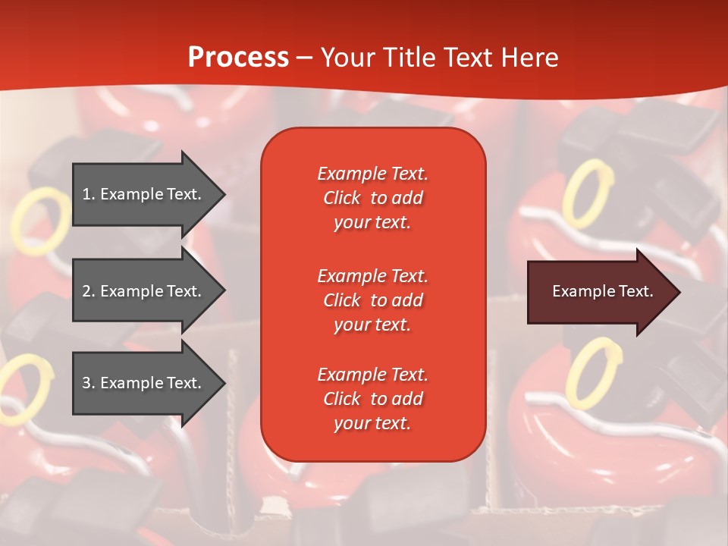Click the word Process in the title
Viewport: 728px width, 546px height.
click(x=238, y=58)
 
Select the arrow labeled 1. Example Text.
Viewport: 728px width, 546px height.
click(x=148, y=194)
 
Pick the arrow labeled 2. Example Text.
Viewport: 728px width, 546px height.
click(x=148, y=291)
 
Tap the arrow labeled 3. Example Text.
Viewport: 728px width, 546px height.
click(x=148, y=383)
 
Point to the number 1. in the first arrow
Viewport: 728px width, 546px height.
click(x=89, y=194)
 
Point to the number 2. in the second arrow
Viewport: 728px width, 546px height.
click(x=89, y=291)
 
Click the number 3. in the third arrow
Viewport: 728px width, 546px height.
click(x=89, y=383)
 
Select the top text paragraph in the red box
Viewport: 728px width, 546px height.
click(x=372, y=198)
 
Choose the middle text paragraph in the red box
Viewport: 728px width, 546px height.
click(x=372, y=300)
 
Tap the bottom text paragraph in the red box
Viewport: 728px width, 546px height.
click(x=372, y=399)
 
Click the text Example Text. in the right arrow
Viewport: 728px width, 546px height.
click(x=602, y=292)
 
